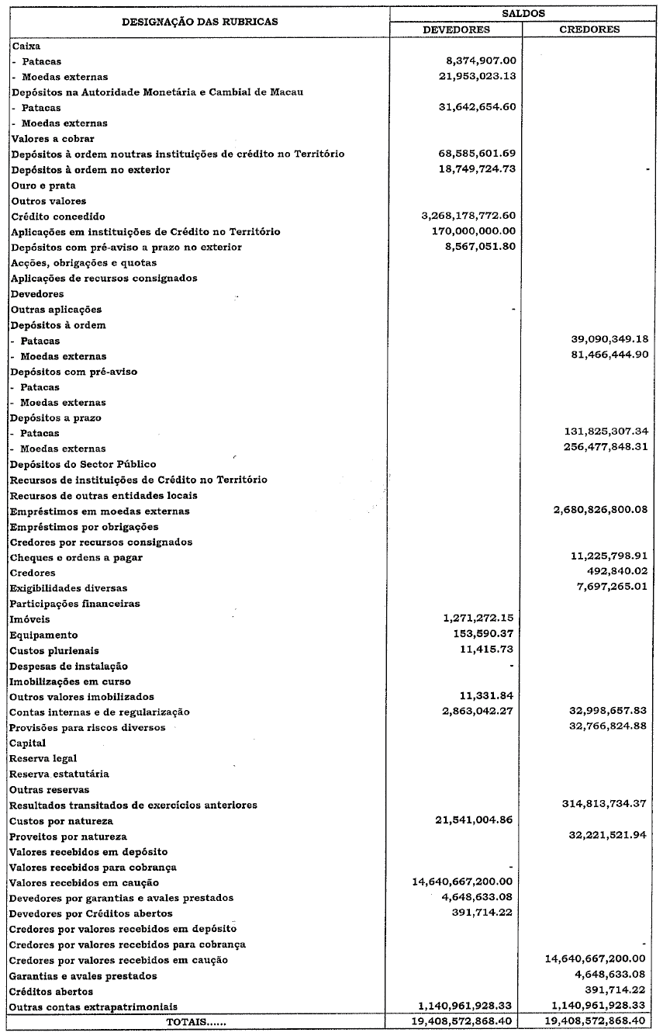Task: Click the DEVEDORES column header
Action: [x=456, y=29]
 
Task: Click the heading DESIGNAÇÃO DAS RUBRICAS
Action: [x=199, y=22]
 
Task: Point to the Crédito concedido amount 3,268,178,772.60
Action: [x=467, y=216]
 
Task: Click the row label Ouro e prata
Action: [x=43, y=185]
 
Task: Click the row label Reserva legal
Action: [x=43, y=758]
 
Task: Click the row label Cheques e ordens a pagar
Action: [x=76, y=557]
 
